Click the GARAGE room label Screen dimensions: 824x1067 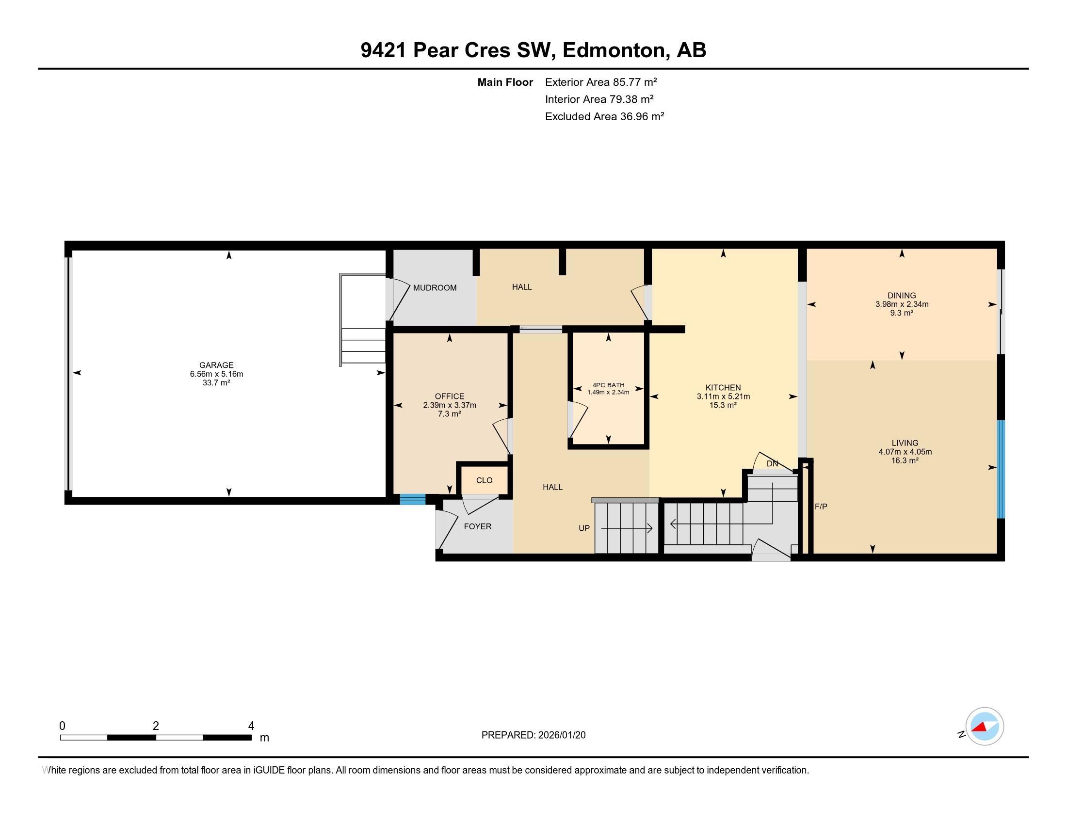coord(216,365)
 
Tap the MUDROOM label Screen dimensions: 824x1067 coord(435,288)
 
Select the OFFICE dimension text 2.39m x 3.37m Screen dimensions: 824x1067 coord(450,405)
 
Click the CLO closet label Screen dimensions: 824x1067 coord(484,480)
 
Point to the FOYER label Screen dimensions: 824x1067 coord(477,526)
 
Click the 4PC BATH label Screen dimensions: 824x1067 coord(608,385)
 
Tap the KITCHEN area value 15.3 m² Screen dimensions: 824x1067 coord(723,405)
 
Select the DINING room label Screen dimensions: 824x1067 coord(902,295)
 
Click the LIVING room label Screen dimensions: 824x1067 coord(905,443)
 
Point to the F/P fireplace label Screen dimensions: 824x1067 coord(821,507)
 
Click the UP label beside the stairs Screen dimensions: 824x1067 coord(584,528)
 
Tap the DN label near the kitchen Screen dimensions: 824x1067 coord(772,464)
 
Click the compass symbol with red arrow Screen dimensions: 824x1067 coord(985,727)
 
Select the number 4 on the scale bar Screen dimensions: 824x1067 coord(251,726)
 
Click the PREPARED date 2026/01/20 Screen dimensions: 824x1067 coord(560,735)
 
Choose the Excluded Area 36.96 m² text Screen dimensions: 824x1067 coord(604,116)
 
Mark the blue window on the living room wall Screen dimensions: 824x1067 coord(1000,469)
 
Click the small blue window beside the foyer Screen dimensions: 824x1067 coord(412,499)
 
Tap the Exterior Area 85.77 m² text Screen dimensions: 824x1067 coord(601,82)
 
